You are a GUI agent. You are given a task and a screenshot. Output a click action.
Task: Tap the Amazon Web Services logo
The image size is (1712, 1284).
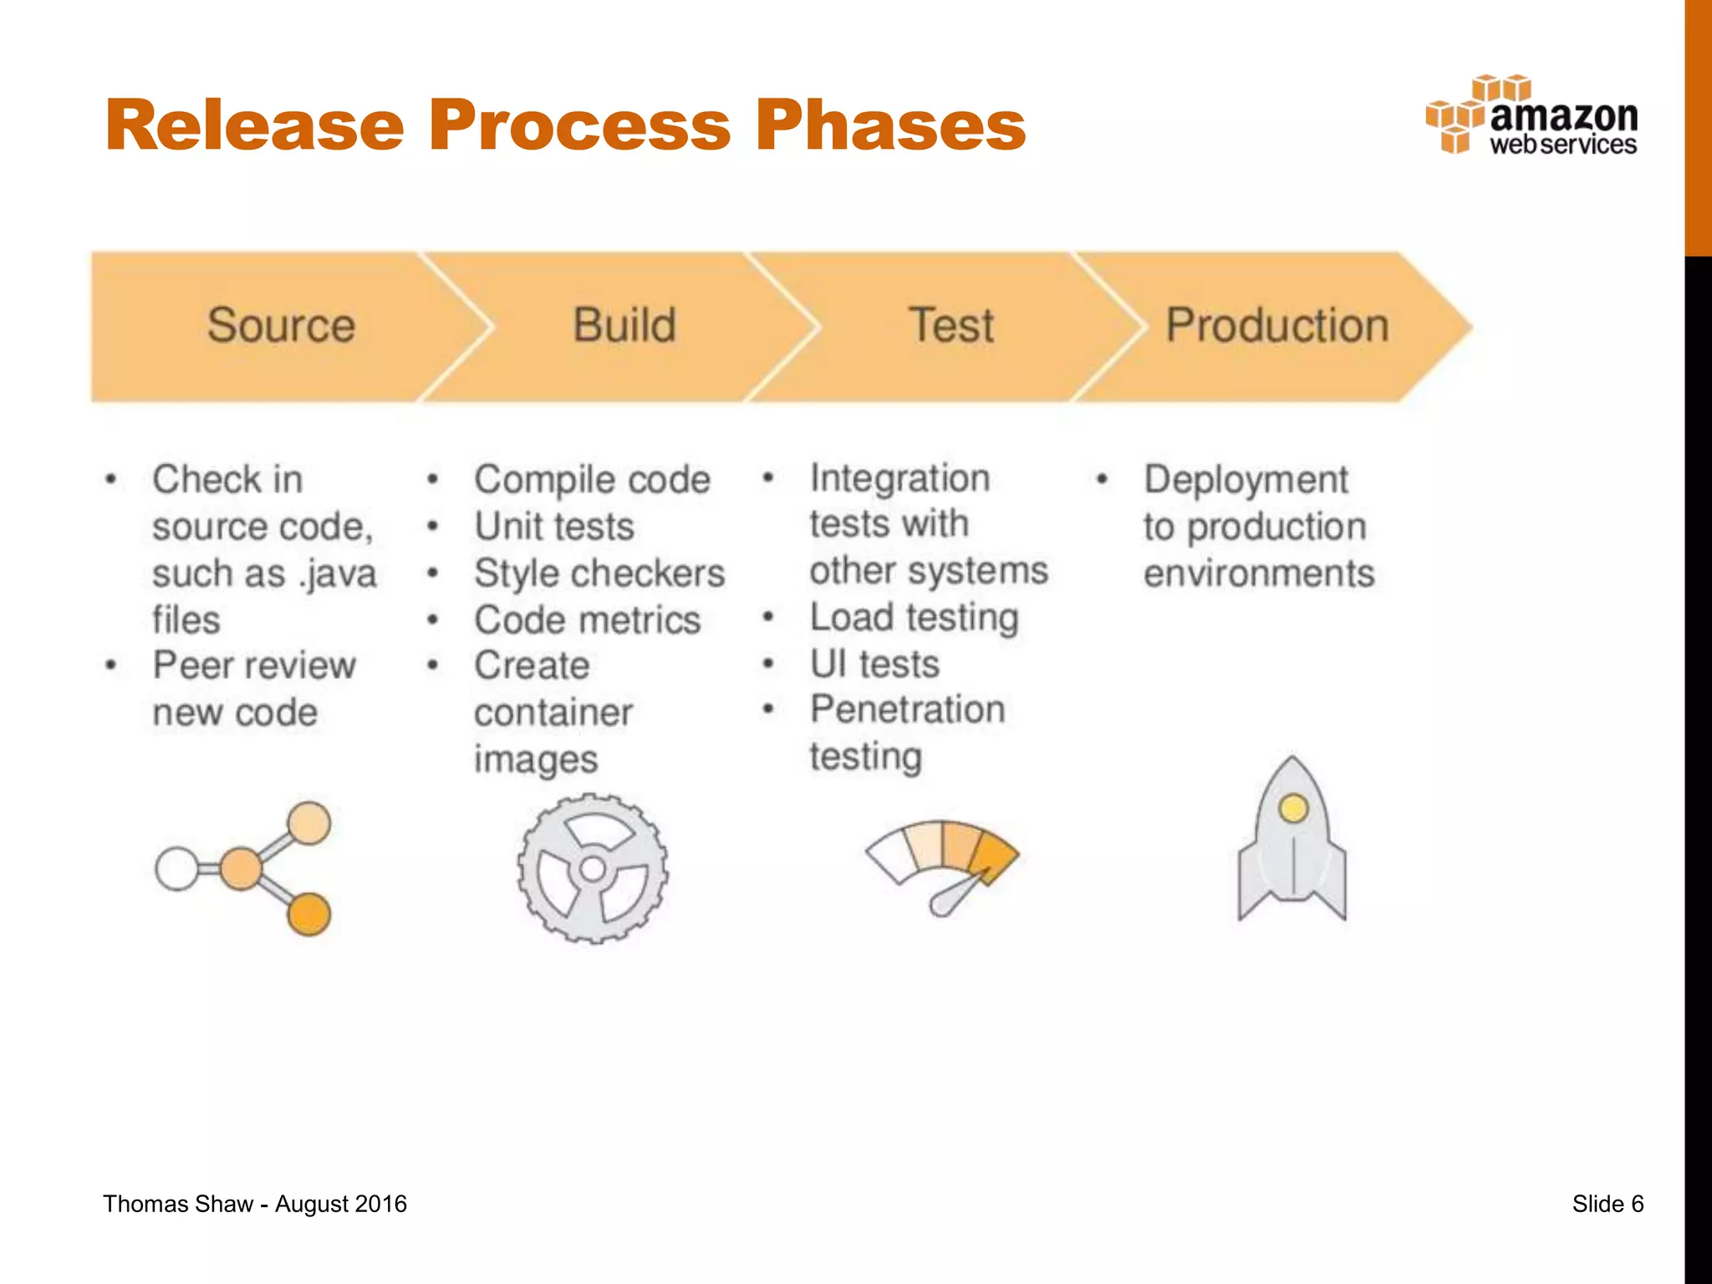(1531, 117)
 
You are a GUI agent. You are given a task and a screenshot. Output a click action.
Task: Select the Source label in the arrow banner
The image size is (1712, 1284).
(281, 325)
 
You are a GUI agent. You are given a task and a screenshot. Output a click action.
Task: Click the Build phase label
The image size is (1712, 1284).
(624, 325)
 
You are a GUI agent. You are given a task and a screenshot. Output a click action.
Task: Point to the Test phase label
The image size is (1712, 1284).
(952, 325)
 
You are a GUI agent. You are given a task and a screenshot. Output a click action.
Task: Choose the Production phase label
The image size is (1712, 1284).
(1277, 325)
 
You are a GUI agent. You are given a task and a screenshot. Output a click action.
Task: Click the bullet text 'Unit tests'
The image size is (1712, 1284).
(554, 527)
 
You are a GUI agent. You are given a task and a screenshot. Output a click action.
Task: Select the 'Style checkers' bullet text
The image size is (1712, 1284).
(599, 573)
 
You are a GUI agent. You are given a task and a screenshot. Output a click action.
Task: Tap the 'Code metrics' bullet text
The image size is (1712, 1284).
(587, 620)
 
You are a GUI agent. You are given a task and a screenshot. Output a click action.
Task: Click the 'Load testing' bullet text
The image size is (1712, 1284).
(915, 618)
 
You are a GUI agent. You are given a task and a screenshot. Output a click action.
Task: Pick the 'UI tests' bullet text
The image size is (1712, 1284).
(874, 665)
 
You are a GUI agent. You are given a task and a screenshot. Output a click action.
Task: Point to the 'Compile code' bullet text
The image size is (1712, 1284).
(592, 480)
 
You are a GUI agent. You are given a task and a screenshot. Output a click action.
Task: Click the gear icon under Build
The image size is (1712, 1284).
(593, 869)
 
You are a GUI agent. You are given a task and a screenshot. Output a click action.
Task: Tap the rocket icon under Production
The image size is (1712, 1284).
(1292, 840)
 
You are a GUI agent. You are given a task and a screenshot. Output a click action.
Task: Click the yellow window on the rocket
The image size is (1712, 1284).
(1293, 808)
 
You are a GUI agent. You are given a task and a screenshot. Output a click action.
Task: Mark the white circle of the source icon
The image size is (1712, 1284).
(177, 869)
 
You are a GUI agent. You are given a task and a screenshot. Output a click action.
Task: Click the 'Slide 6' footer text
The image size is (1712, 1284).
(1608, 1204)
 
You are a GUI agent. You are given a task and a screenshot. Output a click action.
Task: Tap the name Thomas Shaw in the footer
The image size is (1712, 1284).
(177, 1204)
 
